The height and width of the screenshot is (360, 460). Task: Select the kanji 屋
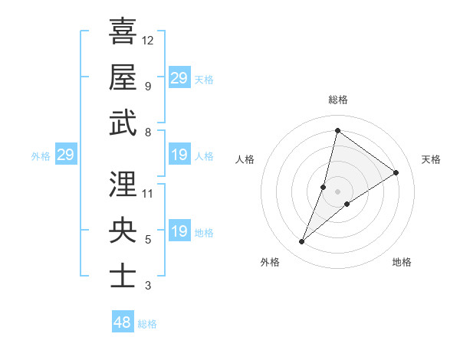coord(123,77)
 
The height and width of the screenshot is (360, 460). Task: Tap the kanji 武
coord(123,122)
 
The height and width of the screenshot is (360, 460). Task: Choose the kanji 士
coord(123,275)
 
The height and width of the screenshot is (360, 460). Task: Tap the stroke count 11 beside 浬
coord(148,194)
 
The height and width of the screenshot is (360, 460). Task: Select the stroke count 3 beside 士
coord(148,286)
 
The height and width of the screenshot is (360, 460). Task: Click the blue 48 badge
coord(123,322)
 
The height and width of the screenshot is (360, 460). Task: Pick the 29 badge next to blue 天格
coord(179,77)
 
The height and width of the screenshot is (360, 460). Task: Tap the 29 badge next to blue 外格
coord(66,155)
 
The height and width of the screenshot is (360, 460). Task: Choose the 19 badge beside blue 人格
coord(179,155)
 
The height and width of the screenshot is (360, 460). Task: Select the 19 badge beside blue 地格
coord(179,231)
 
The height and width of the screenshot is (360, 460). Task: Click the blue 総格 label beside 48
coord(147,324)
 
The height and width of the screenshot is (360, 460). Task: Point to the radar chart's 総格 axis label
coord(337,100)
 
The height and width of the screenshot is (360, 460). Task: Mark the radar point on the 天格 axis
coord(396,172)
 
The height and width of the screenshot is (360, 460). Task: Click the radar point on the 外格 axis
coord(301,242)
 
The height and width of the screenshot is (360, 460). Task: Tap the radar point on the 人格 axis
coord(324,187)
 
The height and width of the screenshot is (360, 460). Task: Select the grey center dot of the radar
coord(337,191)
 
